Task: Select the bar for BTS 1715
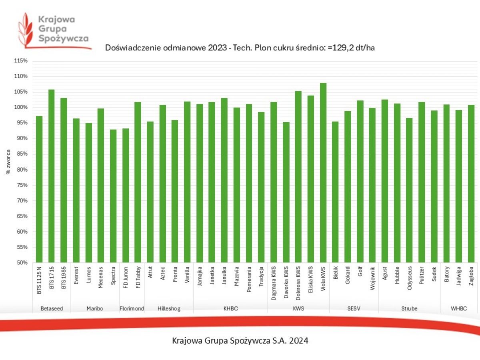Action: click(51, 176)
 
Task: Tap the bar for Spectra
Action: click(113, 196)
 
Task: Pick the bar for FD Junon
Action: click(126, 196)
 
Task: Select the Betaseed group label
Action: click(52, 308)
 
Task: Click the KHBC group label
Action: click(230, 308)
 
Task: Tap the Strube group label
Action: click(409, 308)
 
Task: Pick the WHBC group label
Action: click(458, 308)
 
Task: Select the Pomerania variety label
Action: click(249, 282)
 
